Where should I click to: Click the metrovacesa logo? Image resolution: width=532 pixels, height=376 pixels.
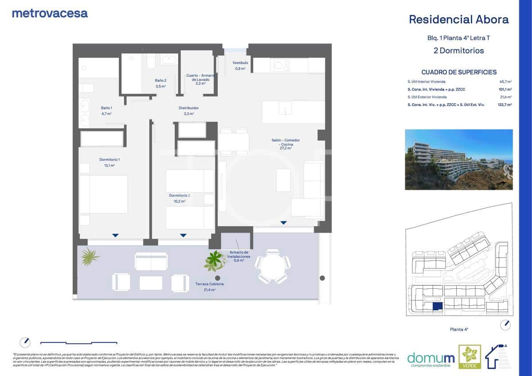[50, 13]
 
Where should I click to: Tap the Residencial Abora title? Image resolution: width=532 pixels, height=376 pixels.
[458, 19]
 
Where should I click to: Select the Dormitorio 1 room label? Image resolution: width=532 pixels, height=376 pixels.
[110, 159]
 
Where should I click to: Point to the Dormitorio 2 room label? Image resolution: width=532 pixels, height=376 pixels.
[179, 195]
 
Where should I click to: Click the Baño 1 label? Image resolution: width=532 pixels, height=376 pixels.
[106, 108]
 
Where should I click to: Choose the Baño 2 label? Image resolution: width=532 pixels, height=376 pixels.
[160, 81]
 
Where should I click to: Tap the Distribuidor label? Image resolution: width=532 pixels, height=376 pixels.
[188, 108]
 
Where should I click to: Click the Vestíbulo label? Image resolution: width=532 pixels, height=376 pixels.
[240, 63]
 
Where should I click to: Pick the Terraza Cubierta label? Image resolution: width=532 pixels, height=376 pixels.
[209, 284]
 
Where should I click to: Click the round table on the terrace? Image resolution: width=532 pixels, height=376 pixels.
[272, 266]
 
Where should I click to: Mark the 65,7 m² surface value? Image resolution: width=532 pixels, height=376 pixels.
[505, 82]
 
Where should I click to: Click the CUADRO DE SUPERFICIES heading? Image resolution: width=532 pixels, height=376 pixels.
[458, 72]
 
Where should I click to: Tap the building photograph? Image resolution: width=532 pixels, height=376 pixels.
[458, 159]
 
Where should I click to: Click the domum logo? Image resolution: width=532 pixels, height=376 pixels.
[424, 357]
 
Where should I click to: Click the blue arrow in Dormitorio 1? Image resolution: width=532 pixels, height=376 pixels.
[115, 235]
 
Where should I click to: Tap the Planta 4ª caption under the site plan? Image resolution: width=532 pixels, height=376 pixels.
[459, 329]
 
